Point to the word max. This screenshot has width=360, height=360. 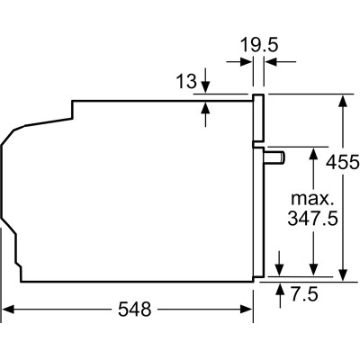312,197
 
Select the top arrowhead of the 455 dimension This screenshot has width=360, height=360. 345,100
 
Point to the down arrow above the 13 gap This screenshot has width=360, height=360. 206,86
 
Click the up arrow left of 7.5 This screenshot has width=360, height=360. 283,289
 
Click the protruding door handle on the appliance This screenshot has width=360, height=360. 274,157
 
